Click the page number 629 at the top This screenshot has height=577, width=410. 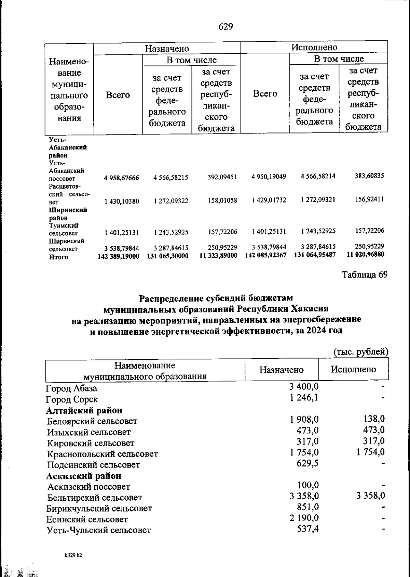pyautogui.click(x=225, y=27)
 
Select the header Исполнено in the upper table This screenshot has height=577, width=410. pyautogui.click(x=314, y=47)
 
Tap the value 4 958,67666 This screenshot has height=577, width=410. pyautogui.click(x=122, y=178)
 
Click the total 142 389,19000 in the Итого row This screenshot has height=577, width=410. pyautogui.click(x=118, y=256)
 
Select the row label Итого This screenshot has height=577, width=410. pyautogui.click(x=58, y=257)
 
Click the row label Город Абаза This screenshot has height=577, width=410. pyautogui.click(x=72, y=388)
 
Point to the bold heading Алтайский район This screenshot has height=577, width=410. pyautogui.click(x=84, y=410)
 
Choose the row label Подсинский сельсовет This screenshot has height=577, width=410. pyautogui.click(x=93, y=465)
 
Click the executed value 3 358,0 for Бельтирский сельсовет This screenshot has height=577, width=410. pyautogui.click(x=371, y=496)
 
